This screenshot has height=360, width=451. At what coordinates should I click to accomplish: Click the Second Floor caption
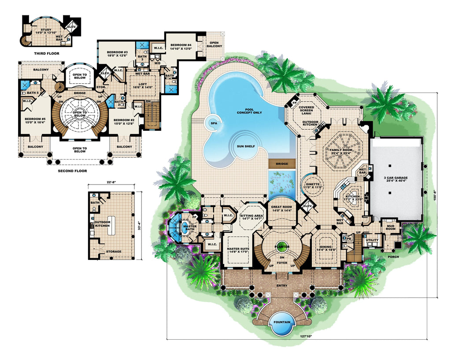click(x=73, y=171)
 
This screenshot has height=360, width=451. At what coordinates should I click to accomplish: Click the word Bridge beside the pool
click(x=282, y=164)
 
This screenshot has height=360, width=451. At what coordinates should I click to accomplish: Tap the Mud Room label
click(x=390, y=226)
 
